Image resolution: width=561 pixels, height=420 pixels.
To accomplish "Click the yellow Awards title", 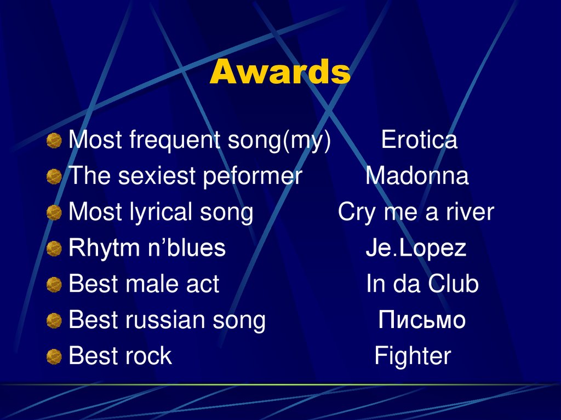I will pyautogui.click(x=280, y=72).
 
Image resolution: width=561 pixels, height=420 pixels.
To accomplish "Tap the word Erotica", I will pyautogui.click(x=419, y=140).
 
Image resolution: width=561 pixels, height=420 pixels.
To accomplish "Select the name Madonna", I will pyautogui.click(x=417, y=176).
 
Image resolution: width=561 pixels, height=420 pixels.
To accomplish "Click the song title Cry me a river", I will pyautogui.click(x=416, y=212).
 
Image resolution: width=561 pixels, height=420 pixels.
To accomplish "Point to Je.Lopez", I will pyautogui.click(x=416, y=249).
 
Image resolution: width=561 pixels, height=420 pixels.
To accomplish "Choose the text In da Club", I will pyautogui.click(x=422, y=284).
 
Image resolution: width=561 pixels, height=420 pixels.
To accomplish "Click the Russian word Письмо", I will pyautogui.click(x=422, y=320).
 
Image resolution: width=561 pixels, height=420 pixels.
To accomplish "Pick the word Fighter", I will pyautogui.click(x=413, y=356).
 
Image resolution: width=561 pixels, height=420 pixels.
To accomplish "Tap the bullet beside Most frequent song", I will pyautogui.click(x=54, y=142).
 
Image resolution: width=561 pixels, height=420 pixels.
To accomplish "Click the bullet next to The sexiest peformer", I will pyautogui.click(x=54, y=177).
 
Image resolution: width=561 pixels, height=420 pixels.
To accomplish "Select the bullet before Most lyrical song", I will pyautogui.click(x=54, y=214).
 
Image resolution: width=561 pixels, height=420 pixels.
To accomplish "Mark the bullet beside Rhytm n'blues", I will pyautogui.click(x=54, y=250).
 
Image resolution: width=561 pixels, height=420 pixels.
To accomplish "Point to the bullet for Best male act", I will pyautogui.click(x=54, y=285).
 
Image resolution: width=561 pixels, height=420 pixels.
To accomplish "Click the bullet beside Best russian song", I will pyautogui.click(x=54, y=321).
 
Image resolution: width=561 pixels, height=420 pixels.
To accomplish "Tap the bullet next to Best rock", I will pyautogui.click(x=54, y=358).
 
